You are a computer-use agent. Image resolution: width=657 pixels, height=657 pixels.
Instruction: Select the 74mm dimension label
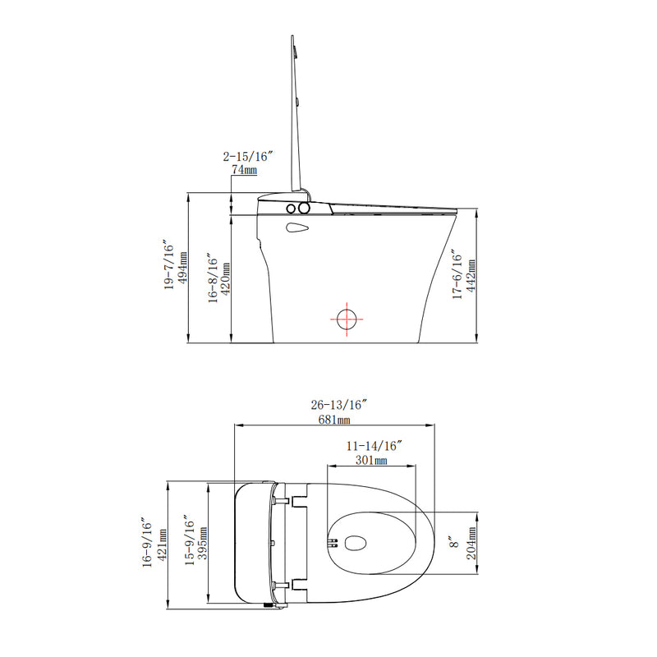pos(244,169)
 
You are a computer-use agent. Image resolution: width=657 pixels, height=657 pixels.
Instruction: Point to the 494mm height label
pos(184,268)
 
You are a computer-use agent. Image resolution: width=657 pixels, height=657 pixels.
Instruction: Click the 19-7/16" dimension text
pos(169,267)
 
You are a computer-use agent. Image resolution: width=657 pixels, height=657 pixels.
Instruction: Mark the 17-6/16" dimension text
pos(457,278)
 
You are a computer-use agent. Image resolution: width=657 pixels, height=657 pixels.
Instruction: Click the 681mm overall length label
pos(334,419)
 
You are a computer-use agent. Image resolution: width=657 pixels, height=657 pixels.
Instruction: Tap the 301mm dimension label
pos(371,460)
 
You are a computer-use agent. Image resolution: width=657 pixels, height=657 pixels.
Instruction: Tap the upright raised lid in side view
pos(297,115)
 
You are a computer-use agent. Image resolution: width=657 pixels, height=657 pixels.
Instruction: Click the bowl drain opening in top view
pos(356,543)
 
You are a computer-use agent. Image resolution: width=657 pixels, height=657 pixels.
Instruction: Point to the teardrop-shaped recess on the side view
pos(296,227)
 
